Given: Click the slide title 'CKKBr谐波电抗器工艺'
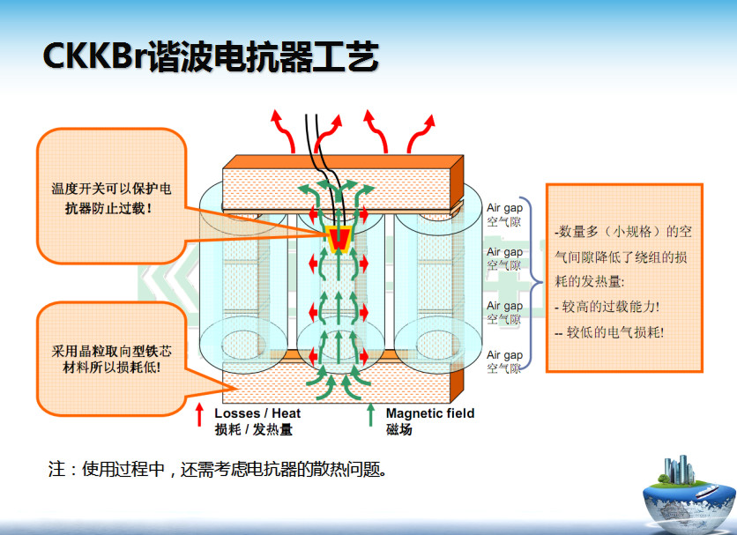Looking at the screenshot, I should point(211,57).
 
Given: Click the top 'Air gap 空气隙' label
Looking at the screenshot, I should point(505,215).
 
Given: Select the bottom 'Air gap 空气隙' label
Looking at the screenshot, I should point(505,361).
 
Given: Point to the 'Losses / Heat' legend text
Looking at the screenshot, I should point(257,413).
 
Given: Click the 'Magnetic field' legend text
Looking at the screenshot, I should point(429,413).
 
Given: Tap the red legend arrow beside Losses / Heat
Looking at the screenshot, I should point(199,420).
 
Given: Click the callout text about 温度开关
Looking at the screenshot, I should point(111,198).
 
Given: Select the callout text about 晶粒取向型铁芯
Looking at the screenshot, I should point(111,359).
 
